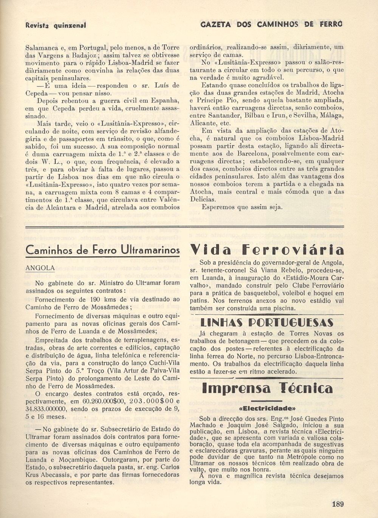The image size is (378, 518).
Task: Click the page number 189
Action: point(338,504)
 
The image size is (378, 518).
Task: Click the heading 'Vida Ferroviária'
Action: point(267,250)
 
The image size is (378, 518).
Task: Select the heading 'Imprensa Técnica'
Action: point(267,388)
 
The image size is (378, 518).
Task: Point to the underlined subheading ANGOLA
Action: point(40,268)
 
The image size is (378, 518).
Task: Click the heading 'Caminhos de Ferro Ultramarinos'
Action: point(102,250)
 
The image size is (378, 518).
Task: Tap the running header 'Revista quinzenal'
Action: point(56,25)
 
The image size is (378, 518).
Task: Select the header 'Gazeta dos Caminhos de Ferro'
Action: point(271,25)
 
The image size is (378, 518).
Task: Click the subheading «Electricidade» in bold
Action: point(267,408)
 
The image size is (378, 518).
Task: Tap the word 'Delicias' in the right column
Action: point(203,199)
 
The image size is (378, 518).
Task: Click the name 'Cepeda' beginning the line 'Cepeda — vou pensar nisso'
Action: point(36,93)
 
